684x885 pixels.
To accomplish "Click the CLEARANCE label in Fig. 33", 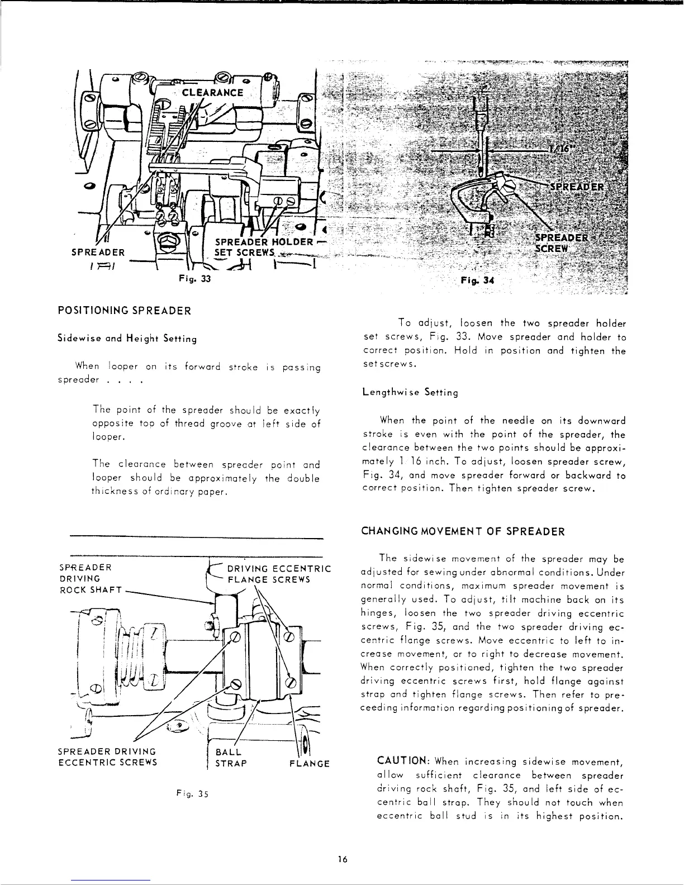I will (212, 93).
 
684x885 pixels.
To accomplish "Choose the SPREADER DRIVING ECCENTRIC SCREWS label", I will (107, 756).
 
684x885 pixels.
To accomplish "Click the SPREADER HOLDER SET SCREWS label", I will (263, 246).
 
